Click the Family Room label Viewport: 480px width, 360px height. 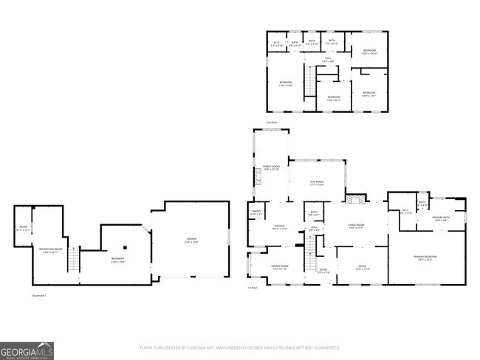coord(271,168)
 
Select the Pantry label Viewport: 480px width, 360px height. coord(258,213)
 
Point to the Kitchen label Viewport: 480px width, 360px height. coord(280,228)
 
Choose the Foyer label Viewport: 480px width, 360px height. coord(323,271)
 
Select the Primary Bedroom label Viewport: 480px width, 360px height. coord(427,257)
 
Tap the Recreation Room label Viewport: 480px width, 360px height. coord(51,251)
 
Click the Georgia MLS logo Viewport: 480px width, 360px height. coord(27,350)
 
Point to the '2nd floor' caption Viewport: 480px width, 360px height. coord(272,122)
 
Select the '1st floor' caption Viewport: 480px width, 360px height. coord(253,288)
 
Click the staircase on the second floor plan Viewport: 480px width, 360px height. coord(332,72)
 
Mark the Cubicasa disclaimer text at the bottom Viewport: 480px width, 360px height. coord(240,347)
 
